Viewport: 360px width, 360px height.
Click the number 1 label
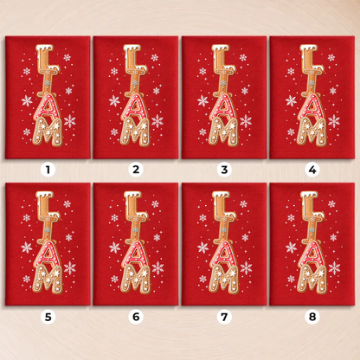(48, 170)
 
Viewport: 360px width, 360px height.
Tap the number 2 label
(136, 170)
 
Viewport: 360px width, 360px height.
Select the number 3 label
(224, 170)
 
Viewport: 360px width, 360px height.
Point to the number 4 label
(312, 170)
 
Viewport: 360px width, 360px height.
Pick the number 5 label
(48, 317)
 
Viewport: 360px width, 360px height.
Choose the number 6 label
(136, 317)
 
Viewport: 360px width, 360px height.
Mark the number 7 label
(224, 317)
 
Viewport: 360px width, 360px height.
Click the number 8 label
(312, 317)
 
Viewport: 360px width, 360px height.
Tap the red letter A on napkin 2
(134, 106)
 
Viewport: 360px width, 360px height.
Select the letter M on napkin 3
(223, 132)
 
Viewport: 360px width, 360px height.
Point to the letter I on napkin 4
(312, 82)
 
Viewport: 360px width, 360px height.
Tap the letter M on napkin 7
(223, 279)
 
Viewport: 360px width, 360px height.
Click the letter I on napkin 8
(312, 228)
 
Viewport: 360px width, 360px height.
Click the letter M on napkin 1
(47, 132)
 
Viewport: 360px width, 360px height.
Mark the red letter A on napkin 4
(311, 106)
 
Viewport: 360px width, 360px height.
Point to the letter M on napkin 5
(47, 279)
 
